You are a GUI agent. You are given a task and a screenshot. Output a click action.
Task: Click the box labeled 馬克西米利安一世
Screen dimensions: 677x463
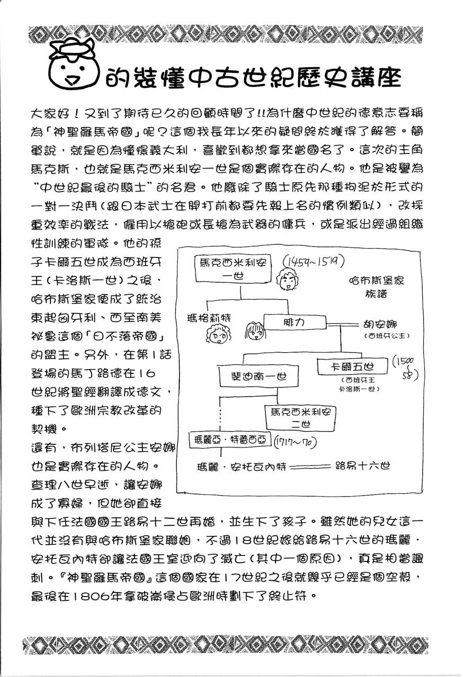[x=233, y=268]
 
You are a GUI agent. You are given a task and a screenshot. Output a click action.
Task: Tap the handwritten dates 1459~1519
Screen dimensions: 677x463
[x=313, y=261]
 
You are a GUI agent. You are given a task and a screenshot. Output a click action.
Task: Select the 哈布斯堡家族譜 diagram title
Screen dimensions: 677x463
[x=377, y=286]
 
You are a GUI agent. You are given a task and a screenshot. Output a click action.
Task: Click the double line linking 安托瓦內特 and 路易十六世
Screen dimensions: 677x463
[x=306, y=466]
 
